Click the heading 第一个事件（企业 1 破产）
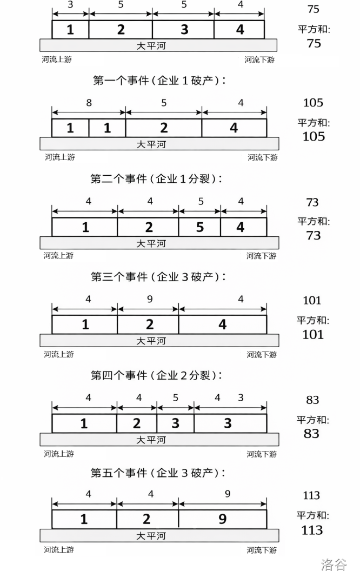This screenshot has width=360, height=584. pos(159,81)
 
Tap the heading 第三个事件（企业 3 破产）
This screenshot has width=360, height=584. pos(158,277)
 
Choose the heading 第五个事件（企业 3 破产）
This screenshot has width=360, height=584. pos(158,473)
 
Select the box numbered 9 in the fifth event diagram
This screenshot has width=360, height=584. pos(222,520)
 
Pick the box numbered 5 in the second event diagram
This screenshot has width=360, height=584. pos(199,227)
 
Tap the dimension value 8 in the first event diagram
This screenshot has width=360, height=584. pos(88,103)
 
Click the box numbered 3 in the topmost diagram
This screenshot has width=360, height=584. pos(183,29)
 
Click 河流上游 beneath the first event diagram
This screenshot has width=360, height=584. pos(59,157)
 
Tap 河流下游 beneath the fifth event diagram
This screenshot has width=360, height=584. pos(262,550)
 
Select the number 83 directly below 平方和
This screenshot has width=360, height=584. pos(312,434)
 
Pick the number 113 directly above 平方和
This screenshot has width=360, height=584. pos(312,495)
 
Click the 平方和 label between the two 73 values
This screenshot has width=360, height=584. pos(313,221)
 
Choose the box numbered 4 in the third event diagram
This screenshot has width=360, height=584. pos(222,324)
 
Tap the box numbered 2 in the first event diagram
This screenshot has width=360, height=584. pos(163,128)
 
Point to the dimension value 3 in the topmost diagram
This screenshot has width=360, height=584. pos(71,4)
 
